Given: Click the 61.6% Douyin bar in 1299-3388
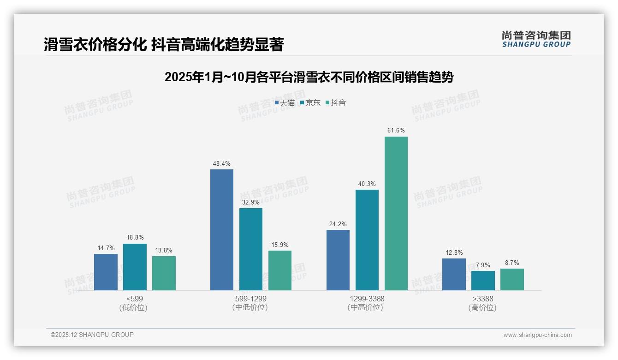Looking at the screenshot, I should click(x=396, y=213).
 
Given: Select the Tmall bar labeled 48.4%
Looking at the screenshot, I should click(x=222, y=230).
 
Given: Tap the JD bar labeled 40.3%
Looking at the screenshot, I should click(x=367, y=240).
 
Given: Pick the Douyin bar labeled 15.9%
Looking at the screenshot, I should click(x=280, y=270).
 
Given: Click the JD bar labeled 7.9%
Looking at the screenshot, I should click(x=483, y=281).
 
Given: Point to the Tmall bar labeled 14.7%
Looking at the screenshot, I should click(x=106, y=272).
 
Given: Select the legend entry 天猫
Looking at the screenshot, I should click(x=285, y=103).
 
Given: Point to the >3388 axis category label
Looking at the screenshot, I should click(x=483, y=303).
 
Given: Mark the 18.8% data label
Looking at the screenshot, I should click(x=135, y=237).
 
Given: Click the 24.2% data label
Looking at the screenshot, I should click(x=338, y=223).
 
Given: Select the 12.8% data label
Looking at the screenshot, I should click(x=454, y=252).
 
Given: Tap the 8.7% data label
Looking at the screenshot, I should click(x=512, y=263).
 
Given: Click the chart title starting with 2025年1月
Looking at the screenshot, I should click(x=309, y=77).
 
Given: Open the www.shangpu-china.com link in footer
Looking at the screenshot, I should click(x=537, y=335).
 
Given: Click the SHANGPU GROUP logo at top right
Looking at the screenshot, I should click(x=536, y=39).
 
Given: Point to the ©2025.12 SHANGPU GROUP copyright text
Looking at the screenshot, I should click(x=92, y=335).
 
